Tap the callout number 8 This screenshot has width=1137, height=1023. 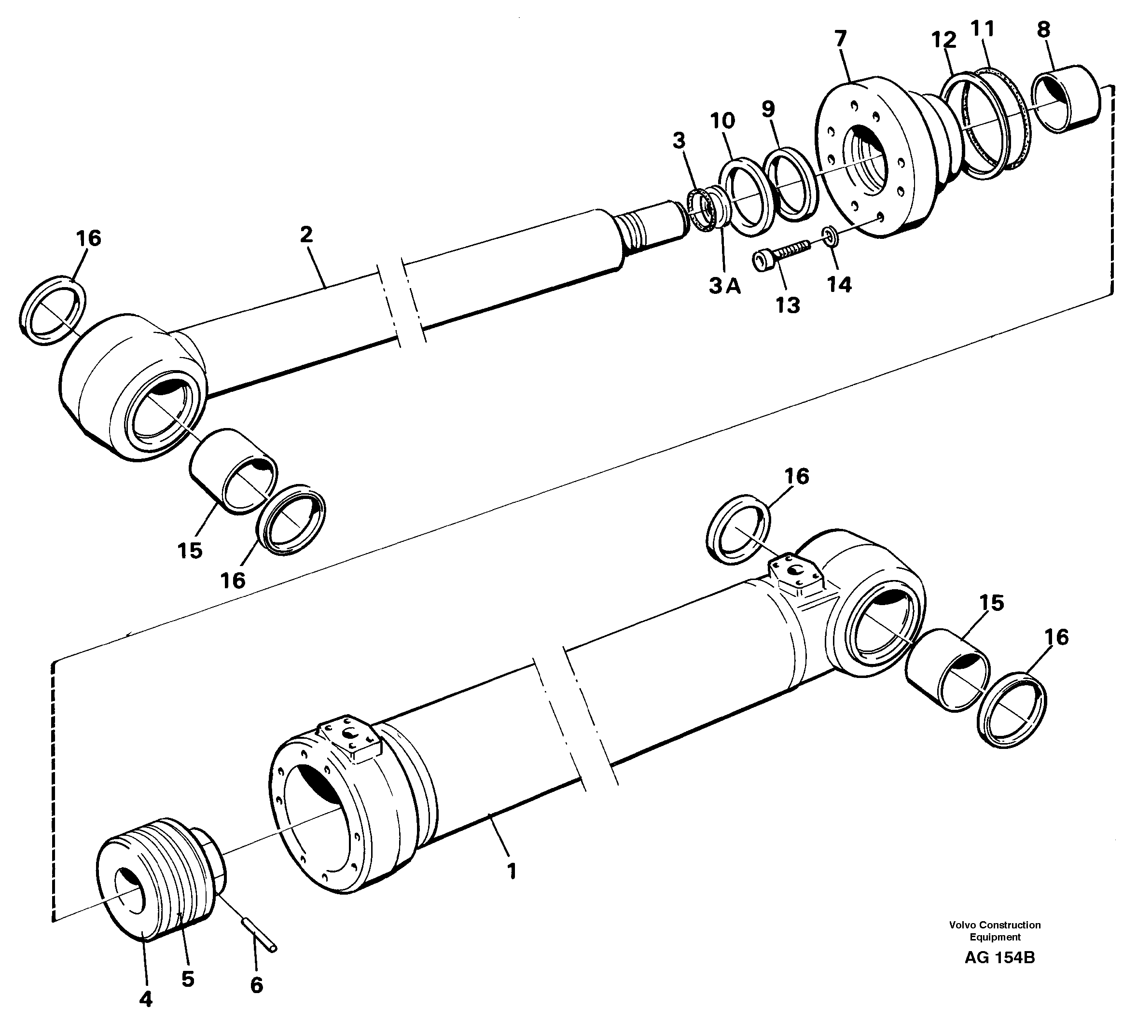(x=1043, y=29)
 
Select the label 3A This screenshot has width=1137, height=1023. (x=724, y=287)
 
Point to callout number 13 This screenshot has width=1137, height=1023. (x=788, y=306)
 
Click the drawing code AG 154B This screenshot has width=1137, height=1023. (x=999, y=957)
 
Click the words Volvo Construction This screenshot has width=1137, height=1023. (x=995, y=925)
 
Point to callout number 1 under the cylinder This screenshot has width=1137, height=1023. (x=511, y=872)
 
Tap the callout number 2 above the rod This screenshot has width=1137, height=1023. (x=306, y=235)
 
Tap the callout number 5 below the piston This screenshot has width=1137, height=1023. (x=188, y=979)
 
